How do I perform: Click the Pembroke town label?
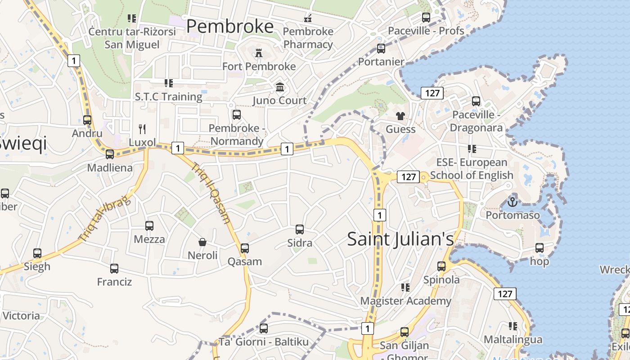click(x=230, y=26)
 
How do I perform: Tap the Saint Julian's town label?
click(x=400, y=238)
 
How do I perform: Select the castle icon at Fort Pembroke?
click(x=259, y=53)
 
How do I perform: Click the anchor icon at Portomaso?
click(x=512, y=201)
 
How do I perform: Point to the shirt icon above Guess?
click(x=400, y=116)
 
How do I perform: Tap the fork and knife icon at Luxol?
click(x=142, y=129)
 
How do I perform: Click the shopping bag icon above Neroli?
click(x=202, y=242)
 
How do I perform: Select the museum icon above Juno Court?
click(x=280, y=87)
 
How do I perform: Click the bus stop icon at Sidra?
click(x=300, y=229)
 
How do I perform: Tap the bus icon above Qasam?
click(x=245, y=248)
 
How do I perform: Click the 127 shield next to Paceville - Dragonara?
click(x=432, y=93)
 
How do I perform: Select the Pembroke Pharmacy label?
click(x=308, y=38)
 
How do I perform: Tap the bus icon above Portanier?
click(x=381, y=48)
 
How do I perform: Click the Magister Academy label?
click(x=405, y=301)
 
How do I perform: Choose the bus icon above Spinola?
click(x=441, y=266)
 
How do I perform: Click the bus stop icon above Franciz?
click(x=114, y=269)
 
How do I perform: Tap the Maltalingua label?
click(x=513, y=339)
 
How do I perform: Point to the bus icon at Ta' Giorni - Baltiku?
click(x=264, y=328)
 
